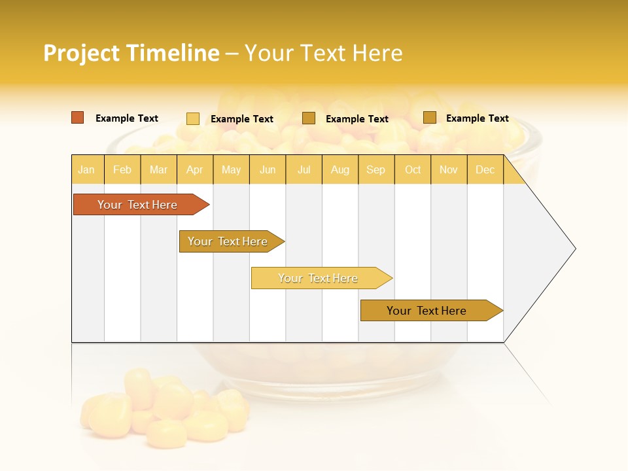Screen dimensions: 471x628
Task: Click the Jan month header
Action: [86, 170]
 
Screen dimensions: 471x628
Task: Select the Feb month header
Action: [122, 170]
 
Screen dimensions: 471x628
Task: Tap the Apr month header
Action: [194, 170]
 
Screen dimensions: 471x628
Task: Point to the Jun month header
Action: [268, 170]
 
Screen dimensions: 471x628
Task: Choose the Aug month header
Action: [340, 170]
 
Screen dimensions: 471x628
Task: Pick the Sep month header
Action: [375, 170]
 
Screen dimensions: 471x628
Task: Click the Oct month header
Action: [413, 170]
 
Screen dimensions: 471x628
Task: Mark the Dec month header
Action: [485, 170]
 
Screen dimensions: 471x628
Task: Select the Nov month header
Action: [449, 170]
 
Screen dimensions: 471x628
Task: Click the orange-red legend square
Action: [78, 118]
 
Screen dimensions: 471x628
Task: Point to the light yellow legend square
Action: [193, 118]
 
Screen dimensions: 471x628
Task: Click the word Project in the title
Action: [82, 53]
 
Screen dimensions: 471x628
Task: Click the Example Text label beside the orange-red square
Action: [127, 118]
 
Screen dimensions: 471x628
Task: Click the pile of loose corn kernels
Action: [164, 406]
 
